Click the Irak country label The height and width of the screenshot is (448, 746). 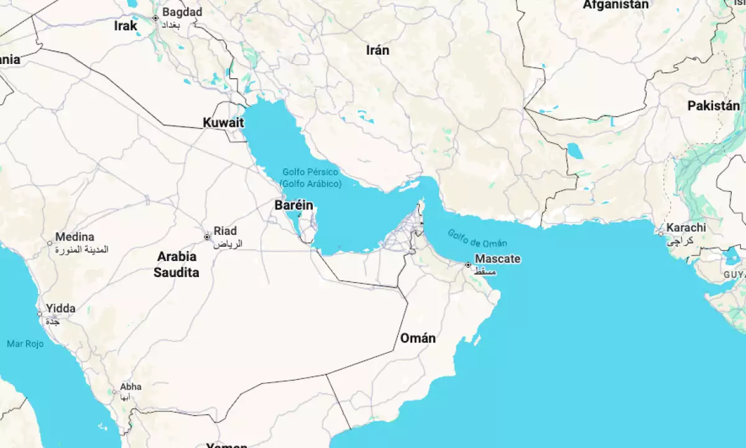coord(126,26)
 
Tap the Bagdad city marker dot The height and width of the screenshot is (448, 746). coord(155,18)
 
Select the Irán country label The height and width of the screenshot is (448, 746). coord(377,50)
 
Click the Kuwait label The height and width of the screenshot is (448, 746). coord(223,123)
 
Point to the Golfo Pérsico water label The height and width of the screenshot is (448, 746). coord(310,171)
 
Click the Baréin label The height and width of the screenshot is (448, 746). coord(293,206)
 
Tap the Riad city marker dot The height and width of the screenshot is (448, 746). coord(207,237)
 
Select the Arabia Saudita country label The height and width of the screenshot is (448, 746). coord(178,264)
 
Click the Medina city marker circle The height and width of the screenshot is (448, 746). coord(50,243)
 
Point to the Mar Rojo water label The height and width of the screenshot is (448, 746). coord(25,344)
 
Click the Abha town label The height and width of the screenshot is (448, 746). coord(131,386)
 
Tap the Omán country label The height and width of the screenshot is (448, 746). coord(417,339)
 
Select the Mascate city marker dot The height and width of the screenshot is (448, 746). coord(468,265)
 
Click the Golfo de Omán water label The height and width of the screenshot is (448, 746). coord(477,238)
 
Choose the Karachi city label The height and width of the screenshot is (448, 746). coord(686,227)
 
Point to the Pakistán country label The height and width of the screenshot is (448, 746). coord(713,106)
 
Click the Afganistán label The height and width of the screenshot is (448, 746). coord(615,5)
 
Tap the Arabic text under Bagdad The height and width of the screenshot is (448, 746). coord(174,25)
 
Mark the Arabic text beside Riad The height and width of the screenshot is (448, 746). coord(228,244)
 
